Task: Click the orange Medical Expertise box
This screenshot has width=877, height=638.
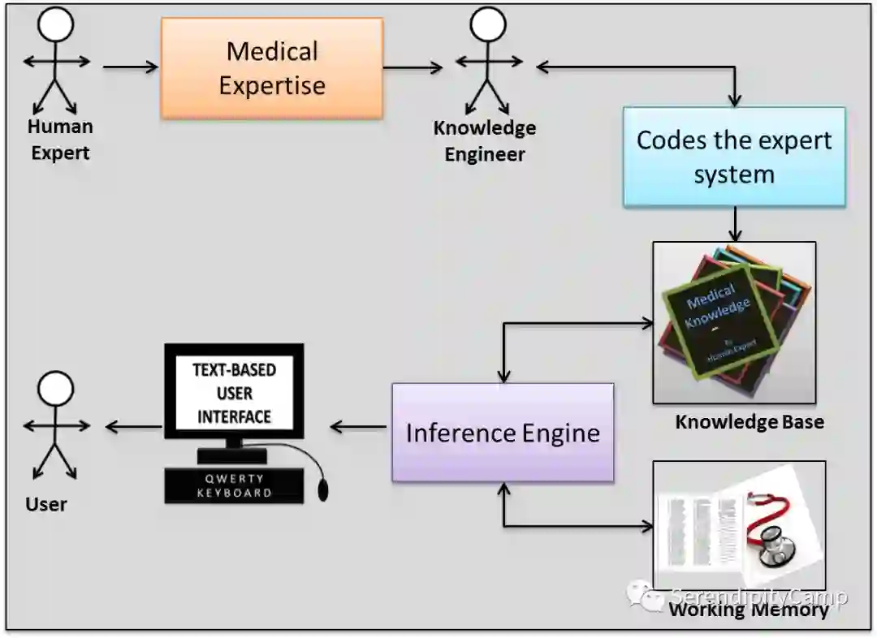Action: (x=271, y=68)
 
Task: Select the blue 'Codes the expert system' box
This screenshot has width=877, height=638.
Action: (x=734, y=157)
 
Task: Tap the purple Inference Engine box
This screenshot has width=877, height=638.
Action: (x=503, y=433)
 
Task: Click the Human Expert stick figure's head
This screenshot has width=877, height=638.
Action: (x=56, y=24)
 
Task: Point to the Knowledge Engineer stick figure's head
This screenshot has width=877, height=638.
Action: (x=487, y=24)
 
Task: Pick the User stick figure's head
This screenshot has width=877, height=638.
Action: (x=56, y=388)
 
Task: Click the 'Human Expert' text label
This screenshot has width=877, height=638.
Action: (x=60, y=140)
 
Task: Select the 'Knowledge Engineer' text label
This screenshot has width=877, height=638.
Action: (x=485, y=140)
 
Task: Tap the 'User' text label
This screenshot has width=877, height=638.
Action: (x=46, y=504)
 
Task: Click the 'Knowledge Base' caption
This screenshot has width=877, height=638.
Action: (x=749, y=422)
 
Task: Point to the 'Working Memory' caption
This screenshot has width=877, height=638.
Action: (x=748, y=610)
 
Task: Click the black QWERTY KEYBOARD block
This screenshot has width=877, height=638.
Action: (x=234, y=485)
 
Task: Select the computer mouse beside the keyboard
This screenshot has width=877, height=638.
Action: (x=323, y=489)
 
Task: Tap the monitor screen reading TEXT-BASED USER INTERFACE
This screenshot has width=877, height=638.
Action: (x=234, y=393)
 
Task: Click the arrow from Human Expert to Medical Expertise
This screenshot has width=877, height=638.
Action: (x=130, y=67)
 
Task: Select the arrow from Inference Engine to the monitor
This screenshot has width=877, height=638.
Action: (x=358, y=427)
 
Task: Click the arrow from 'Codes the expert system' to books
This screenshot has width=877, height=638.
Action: (x=735, y=223)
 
